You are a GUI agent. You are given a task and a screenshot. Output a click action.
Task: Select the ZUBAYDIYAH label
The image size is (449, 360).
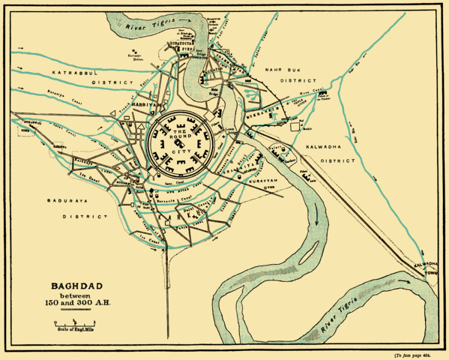pos(181,44)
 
